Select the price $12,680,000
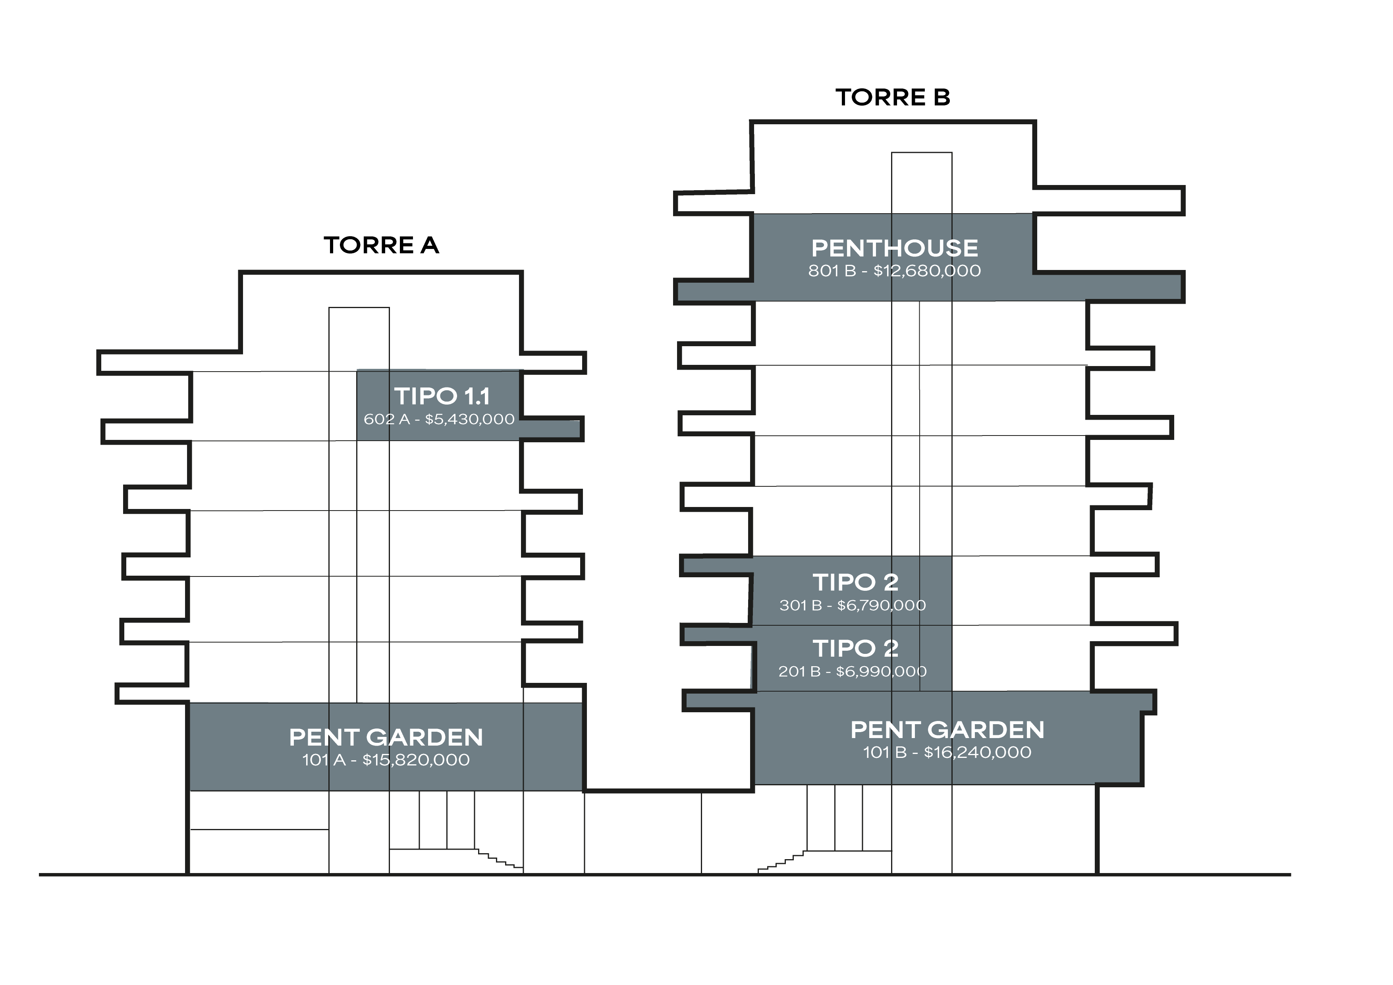click(x=927, y=271)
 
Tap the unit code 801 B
click(x=832, y=271)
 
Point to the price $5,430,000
click(x=470, y=419)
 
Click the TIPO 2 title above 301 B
click(x=855, y=582)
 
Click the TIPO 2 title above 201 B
click(x=855, y=648)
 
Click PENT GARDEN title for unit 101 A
click(x=386, y=738)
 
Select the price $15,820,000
click(x=416, y=760)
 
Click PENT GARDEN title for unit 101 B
click(x=947, y=730)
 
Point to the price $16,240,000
click(x=977, y=753)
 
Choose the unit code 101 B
click(x=885, y=753)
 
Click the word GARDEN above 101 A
click(x=425, y=738)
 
